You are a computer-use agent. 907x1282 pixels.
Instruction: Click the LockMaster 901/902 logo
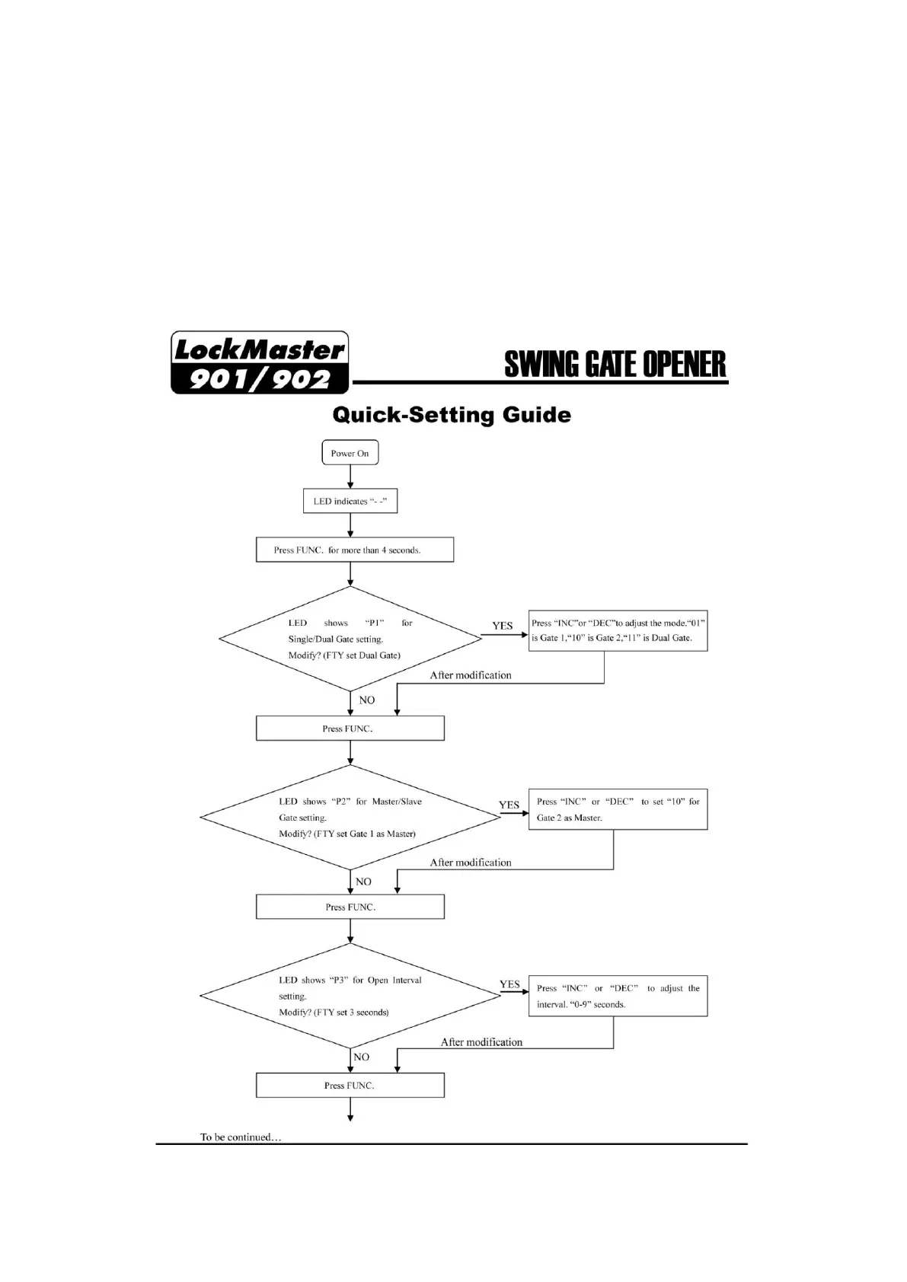coord(260,363)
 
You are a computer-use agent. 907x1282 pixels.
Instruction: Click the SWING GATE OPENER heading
coord(615,365)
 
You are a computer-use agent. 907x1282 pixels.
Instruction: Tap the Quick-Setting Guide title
coord(452,415)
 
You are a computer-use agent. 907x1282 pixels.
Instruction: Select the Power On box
coord(350,453)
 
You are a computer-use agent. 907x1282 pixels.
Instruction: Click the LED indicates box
coord(350,501)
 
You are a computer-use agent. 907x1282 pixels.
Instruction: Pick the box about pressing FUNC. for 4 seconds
coord(354,550)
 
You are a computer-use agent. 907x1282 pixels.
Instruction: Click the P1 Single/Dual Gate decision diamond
coord(350,639)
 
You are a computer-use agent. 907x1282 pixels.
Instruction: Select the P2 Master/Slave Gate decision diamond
coord(350,817)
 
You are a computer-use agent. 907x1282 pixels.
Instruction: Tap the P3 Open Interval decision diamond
coord(350,996)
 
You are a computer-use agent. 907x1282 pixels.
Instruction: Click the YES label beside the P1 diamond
coord(503,626)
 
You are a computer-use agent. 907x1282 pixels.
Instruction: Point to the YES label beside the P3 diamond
coord(509,984)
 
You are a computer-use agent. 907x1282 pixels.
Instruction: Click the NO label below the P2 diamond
coord(363,882)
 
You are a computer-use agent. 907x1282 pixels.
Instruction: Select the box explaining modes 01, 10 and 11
coord(618,630)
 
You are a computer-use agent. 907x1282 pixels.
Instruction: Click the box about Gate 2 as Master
coord(618,809)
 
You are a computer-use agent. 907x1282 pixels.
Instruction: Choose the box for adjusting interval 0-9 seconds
coord(618,996)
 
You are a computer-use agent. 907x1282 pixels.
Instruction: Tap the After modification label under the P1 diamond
coord(471,675)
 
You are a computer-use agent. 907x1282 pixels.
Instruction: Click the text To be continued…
coord(241,1137)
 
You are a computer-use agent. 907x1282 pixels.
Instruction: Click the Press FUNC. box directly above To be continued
coord(350,1085)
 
